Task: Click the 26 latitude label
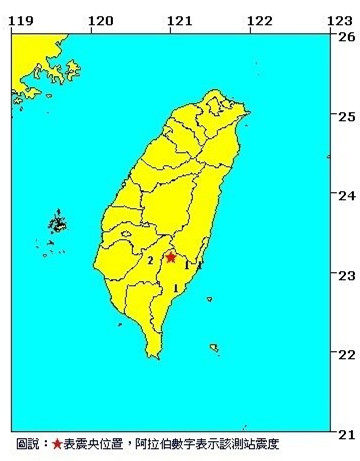tap(346, 37)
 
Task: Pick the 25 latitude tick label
tap(346, 116)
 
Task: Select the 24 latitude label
tap(346, 195)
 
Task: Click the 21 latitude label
tap(346, 433)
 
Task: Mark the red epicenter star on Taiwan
tap(171, 257)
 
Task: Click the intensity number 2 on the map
tap(150, 261)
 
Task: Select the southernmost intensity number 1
tap(177, 288)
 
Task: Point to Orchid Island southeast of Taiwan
tap(214, 348)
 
